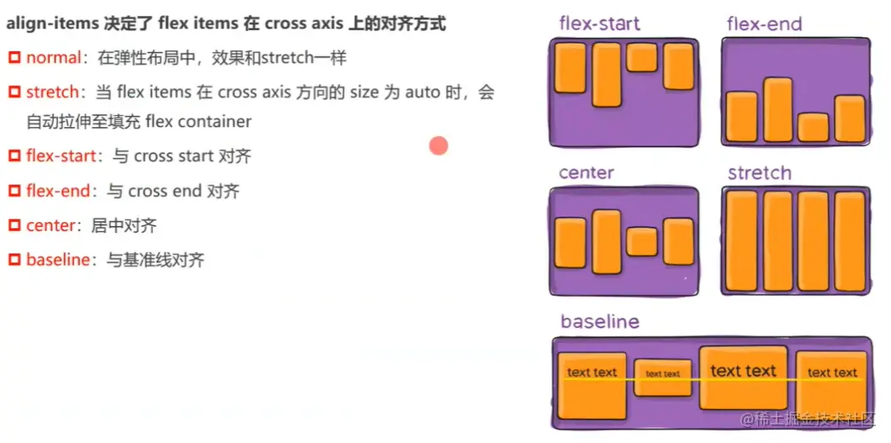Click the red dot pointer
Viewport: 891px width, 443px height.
click(438, 146)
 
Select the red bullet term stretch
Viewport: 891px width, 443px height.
click(52, 92)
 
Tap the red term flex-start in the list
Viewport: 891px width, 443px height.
click(61, 156)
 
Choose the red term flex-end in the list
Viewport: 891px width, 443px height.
click(58, 192)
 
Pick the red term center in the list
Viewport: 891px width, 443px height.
click(50, 226)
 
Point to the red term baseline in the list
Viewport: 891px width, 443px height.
click(57, 261)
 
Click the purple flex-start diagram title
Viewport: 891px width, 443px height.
click(599, 24)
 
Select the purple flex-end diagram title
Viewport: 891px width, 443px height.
click(765, 24)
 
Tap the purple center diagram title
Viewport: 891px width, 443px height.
click(586, 173)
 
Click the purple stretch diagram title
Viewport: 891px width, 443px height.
click(760, 173)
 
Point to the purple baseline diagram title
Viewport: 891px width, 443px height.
click(600, 322)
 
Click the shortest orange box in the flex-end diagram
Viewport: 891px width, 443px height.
click(813, 127)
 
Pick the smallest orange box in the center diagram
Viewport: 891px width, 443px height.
click(642, 242)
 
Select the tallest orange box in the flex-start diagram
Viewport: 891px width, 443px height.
click(606, 75)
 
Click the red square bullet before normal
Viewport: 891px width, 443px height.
click(14, 58)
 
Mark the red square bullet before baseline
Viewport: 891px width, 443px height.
click(14, 261)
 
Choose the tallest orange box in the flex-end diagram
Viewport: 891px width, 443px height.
click(777, 109)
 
